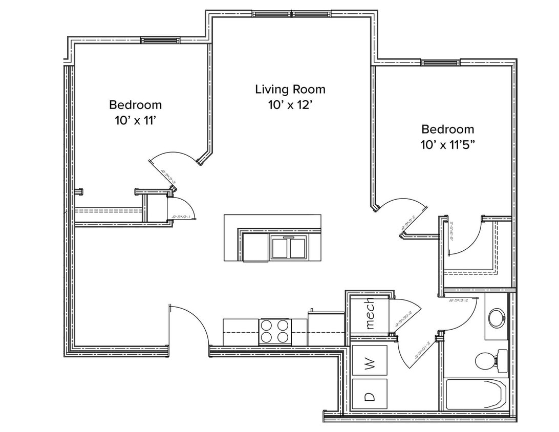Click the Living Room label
(290, 90)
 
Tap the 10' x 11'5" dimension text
(447, 144)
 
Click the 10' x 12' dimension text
(290, 105)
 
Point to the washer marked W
(370, 364)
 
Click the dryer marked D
(370, 395)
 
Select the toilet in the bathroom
(489, 361)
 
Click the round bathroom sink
(496, 318)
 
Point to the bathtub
(476, 394)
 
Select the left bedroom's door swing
(174, 159)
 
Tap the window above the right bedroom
(440, 62)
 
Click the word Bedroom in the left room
(135, 105)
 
